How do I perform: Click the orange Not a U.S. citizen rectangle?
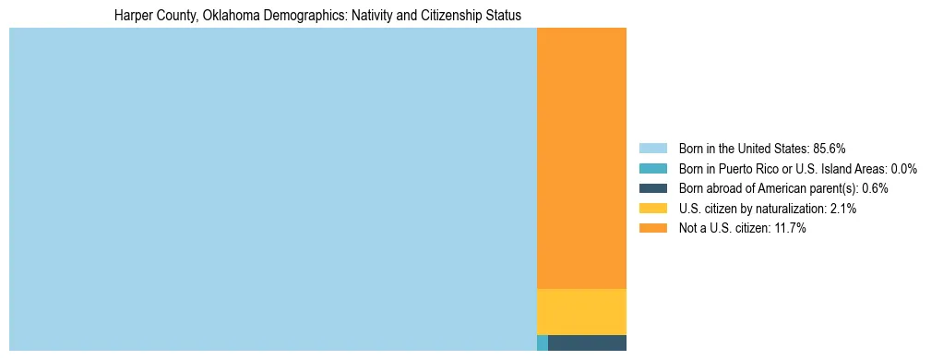[x=581, y=158]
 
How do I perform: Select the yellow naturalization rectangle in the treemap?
[x=581, y=311]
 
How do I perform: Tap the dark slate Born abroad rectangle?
[x=587, y=342]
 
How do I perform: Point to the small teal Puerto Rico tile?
[x=543, y=342]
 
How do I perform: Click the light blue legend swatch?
[x=652, y=149]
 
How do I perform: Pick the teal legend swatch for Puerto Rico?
[x=652, y=169]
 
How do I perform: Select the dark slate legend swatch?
[x=652, y=188]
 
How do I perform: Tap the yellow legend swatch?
[x=652, y=209]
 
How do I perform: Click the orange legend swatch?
[x=652, y=228]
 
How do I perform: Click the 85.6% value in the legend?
[x=830, y=149]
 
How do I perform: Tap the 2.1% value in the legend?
[x=843, y=209]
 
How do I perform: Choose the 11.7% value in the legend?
[x=791, y=228]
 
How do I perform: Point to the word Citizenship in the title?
[x=459, y=16]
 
